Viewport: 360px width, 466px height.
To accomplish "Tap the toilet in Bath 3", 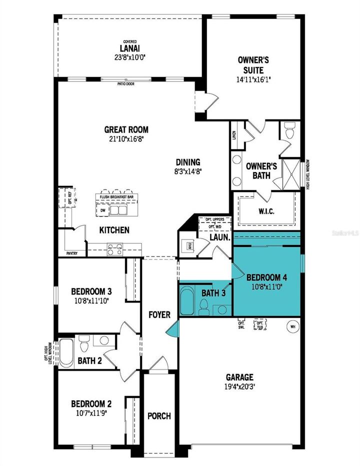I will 203,308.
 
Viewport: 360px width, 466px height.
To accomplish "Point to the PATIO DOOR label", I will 125,83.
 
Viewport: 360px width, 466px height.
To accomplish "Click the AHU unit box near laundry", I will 189,246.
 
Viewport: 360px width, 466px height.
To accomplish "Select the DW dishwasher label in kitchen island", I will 103,210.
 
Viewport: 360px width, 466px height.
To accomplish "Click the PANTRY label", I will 72,253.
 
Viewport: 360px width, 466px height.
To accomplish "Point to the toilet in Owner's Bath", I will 289,131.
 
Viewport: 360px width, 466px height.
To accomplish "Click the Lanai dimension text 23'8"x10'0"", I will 129,57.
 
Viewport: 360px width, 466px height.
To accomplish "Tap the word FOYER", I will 159,314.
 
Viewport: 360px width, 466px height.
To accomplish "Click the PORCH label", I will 159,415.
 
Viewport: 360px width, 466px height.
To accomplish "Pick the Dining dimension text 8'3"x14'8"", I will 187,170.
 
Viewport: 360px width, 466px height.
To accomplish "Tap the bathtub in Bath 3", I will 187,301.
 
